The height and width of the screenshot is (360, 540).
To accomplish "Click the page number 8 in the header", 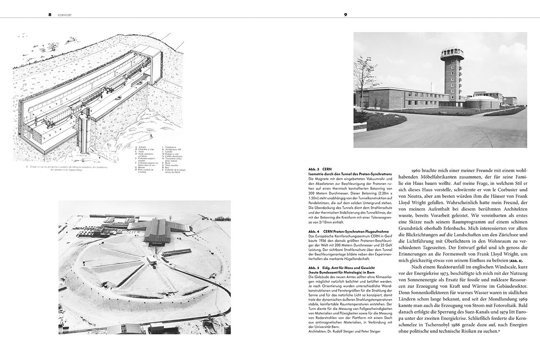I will [50, 14].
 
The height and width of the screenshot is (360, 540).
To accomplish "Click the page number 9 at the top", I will [346, 14].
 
